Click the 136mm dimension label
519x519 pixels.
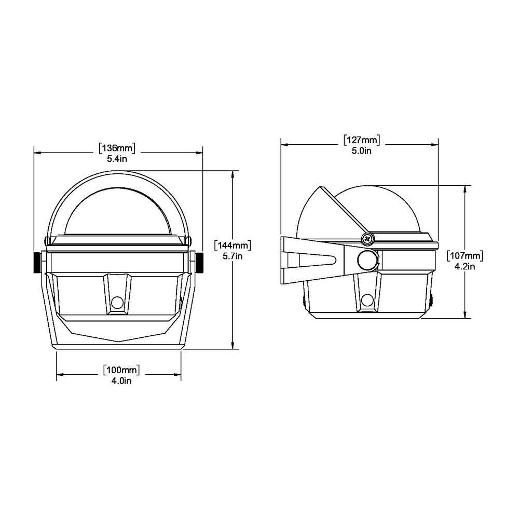tap(117, 148)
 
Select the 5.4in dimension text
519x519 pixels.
tap(117, 159)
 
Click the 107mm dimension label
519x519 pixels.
tap(465, 256)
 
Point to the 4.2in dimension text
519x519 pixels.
tap(465, 267)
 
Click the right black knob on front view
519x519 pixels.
tap(200, 263)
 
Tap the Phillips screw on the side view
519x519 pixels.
tap(368, 239)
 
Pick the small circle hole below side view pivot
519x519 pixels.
tap(368, 299)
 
